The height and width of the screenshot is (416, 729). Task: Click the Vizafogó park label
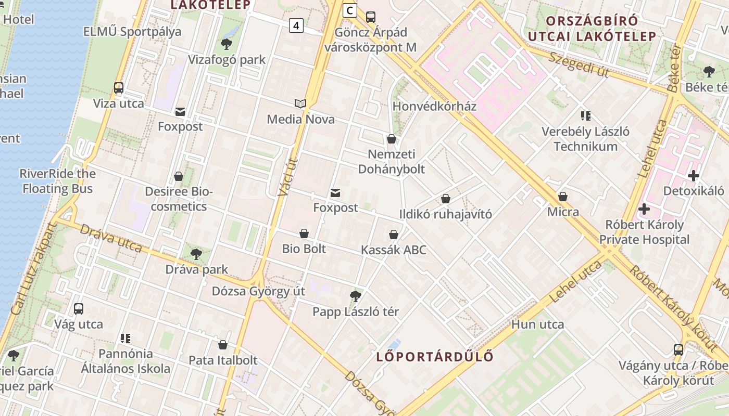[x=227, y=60]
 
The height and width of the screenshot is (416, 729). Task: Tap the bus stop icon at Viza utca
[x=119, y=88]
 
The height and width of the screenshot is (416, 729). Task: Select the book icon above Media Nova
[x=300, y=104]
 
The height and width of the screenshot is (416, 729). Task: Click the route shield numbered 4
[x=296, y=25]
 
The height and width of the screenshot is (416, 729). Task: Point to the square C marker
[x=350, y=10]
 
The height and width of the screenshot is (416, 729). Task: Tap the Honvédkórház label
[x=434, y=106]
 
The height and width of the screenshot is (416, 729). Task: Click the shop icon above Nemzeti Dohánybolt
[x=392, y=139]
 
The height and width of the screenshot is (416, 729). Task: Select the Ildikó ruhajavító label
[x=445, y=214]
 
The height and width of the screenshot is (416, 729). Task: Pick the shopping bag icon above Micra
[x=563, y=197]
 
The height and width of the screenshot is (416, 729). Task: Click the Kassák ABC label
[x=394, y=250]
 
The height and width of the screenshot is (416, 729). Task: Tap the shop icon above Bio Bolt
[x=304, y=234]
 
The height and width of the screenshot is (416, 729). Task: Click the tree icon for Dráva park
[x=196, y=254]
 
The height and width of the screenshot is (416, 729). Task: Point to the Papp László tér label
[x=356, y=312]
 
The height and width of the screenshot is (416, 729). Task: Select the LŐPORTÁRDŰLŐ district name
[x=435, y=357]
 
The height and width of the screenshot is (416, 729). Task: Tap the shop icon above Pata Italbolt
[x=223, y=345]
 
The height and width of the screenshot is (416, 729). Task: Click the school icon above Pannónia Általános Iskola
[x=125, y=339]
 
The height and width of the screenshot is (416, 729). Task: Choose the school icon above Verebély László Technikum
[x=586, y=116]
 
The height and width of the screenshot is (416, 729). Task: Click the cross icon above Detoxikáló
[x=693, y=176]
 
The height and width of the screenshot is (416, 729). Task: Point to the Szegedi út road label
[x=578, y=64]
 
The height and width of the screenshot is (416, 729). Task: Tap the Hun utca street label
[x=538, y=324]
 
